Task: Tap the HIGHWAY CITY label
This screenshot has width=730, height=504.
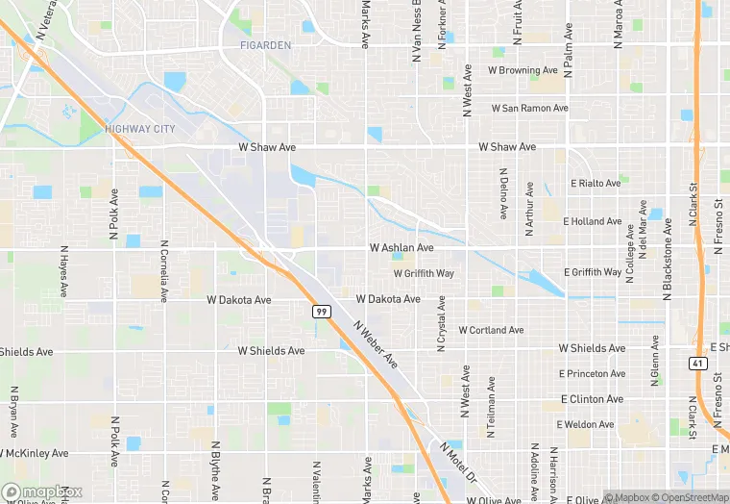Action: pos(140,128)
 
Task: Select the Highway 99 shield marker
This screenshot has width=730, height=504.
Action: pos(322,312)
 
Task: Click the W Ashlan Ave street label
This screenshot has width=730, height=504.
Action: pos(401,248)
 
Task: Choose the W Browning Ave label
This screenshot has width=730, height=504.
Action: pos(523,70)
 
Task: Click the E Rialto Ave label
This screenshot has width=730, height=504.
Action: pos(596,183)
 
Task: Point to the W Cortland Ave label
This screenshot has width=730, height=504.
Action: pos(491,330)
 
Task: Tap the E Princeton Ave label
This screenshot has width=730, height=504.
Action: pos(593,374)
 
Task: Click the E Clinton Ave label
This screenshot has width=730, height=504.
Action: pos(592,399)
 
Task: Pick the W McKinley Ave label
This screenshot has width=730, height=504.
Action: pos(35,453)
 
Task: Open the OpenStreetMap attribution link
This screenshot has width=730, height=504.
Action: pos(686,497)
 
